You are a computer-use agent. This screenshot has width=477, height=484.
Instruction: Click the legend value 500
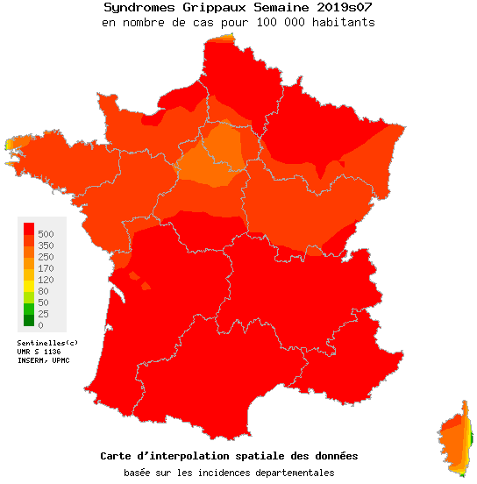tap(46, 234)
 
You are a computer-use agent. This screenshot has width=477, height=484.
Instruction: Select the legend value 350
tap(46, 246)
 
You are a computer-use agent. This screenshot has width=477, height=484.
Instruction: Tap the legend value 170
tap(46, 268)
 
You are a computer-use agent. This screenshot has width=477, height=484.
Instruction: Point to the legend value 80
tap(43, 291)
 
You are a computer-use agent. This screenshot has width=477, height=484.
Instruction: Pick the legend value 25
tap(43, 314)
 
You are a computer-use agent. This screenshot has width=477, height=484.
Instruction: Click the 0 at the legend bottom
tap(40, 325)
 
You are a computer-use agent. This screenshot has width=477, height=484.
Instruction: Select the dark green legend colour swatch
tap(28, 320)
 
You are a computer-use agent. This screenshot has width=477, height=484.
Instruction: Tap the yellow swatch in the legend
tap(28, 286)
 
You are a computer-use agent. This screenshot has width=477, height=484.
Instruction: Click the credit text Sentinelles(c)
tap(47, 342)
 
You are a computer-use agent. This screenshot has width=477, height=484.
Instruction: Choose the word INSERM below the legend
tap(32, 359)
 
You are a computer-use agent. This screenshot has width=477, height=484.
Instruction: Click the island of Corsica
tap(455, 438)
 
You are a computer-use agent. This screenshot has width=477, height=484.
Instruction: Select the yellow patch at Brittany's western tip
tap(11, 143)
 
